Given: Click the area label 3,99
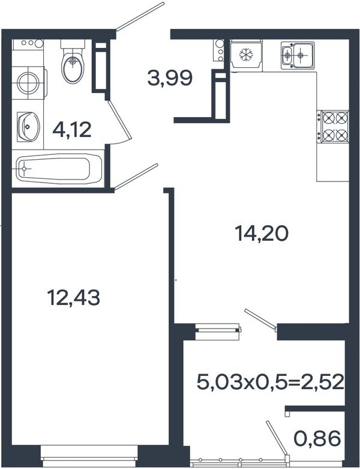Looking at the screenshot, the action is tap(170, 78).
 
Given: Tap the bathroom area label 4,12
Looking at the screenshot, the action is tap(72, 130).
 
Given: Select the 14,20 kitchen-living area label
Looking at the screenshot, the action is tap(262, 234).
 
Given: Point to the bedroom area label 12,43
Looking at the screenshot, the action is tap(73, 298).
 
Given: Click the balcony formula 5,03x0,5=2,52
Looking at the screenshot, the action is tap(271, 383).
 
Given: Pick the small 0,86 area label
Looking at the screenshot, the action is tap(317, 438).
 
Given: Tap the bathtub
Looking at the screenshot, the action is tap(59, 168).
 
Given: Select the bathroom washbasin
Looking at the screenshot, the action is tap(28, 127).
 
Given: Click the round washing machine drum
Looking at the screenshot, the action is tap(28, 83).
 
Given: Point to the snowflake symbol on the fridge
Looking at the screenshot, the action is tap(246, 55).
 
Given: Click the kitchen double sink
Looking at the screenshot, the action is tap(298, 56).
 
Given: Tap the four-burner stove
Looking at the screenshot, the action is tap(333, 126).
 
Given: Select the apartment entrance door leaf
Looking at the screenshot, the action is tap(140, 16).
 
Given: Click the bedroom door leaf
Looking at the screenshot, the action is tap(136, 177).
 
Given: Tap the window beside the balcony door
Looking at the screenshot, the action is tap(218, 331).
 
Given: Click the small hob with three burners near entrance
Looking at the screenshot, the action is tap(219, 50).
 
